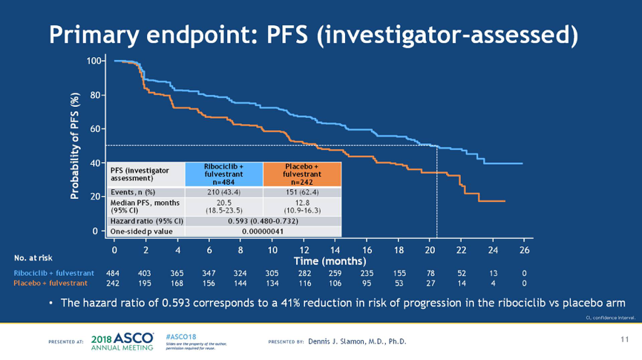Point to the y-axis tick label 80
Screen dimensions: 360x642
[95, 95]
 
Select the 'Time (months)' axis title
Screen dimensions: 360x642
[330, 261]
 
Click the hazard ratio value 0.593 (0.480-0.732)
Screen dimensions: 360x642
[262, 221]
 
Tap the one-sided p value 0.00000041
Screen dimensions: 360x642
[262, 232]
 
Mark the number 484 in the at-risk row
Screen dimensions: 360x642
[114, 273]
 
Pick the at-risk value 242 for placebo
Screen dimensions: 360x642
[114, 283]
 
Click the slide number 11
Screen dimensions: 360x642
[624, 339]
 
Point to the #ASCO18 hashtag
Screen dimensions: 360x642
[177, 335]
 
